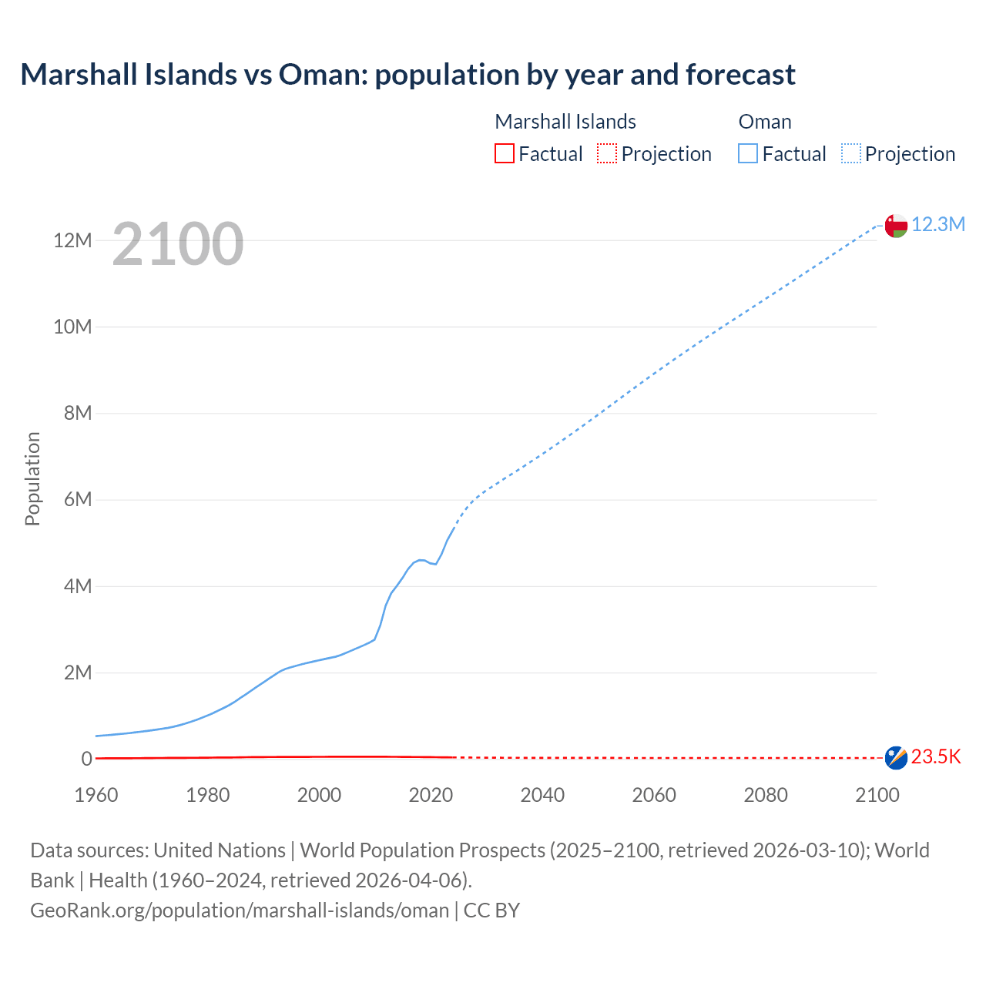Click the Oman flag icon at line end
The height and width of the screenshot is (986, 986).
tap(896, 226)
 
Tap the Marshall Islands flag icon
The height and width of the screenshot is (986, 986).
tap(896, 758)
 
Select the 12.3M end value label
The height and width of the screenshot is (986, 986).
tap(938, 224)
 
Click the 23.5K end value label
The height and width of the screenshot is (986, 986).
tap(936, 757)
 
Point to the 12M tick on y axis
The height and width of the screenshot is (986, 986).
tap(72, 241)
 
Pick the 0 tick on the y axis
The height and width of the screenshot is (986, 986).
tap(86, 760)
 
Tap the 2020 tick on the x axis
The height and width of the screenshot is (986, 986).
tap(431, 795)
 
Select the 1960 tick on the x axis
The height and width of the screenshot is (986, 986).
tap(96, 795)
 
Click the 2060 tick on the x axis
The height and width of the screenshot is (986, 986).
tap(654, 795)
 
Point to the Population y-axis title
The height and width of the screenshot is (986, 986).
tap(32, 478)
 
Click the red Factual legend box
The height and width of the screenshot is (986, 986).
tap(504, 154)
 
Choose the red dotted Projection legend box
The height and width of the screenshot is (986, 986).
tap(607, 154)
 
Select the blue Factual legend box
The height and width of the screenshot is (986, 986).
tap(748, 154)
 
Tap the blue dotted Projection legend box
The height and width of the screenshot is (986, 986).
tap(851, 154)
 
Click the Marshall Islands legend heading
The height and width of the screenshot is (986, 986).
tap(565, 122)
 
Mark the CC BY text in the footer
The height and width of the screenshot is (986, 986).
tap(491, 911)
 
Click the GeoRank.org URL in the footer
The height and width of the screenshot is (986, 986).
tap(240, 911)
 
